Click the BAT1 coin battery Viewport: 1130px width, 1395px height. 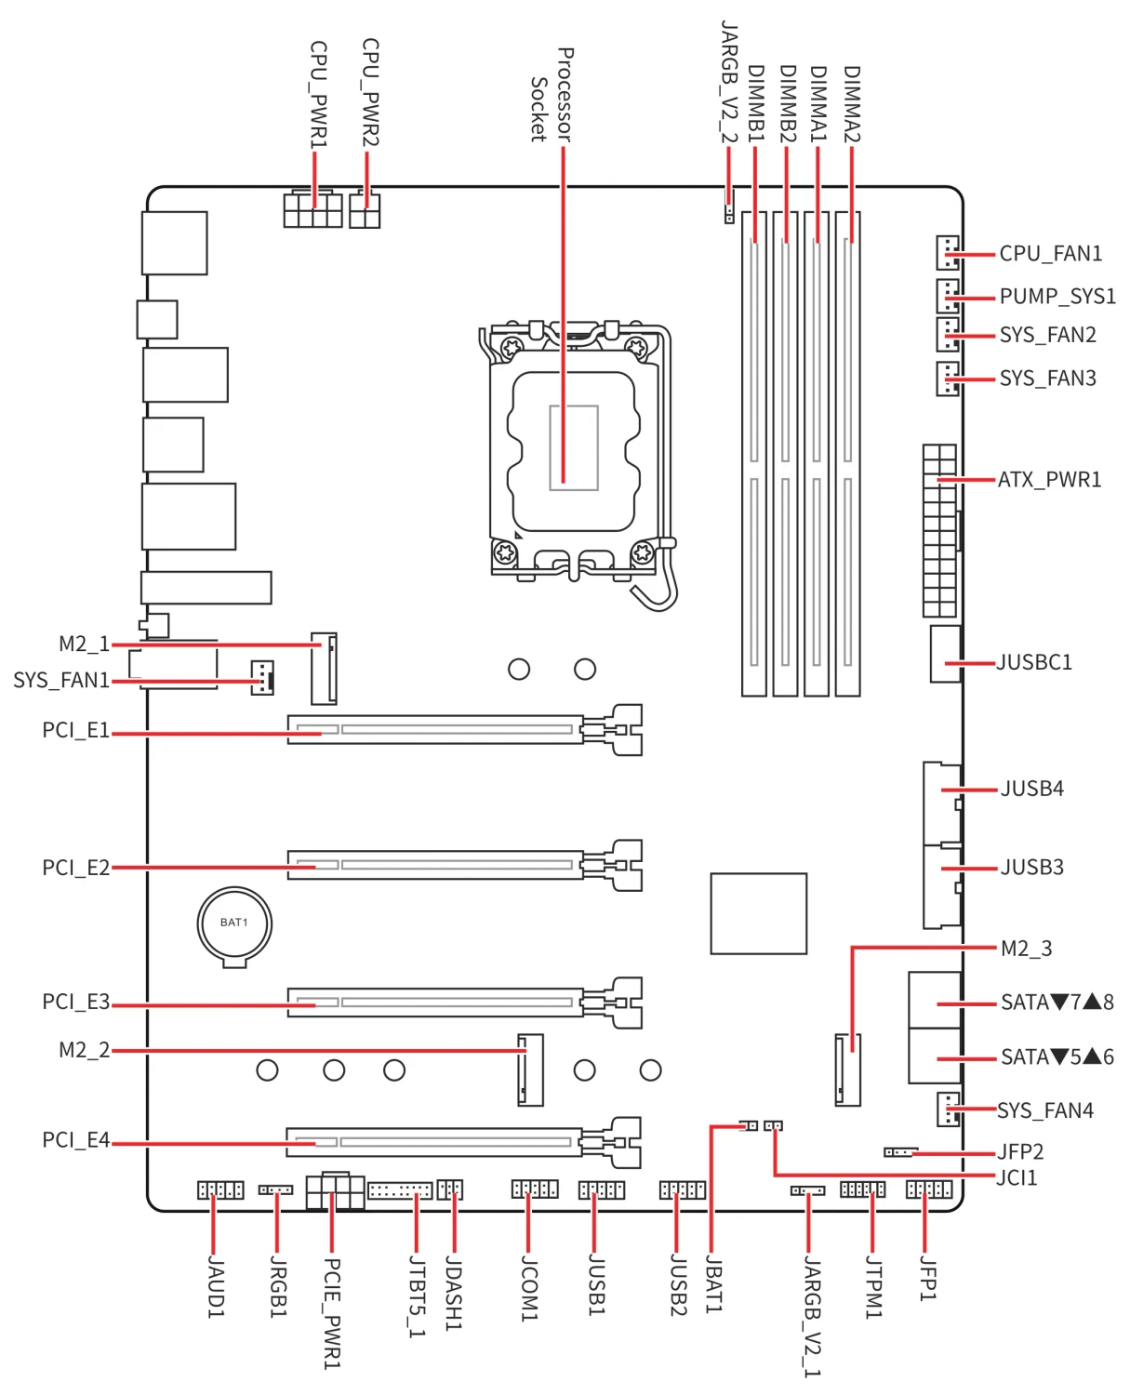tap(234, 923)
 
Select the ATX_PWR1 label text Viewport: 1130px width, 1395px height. tap(1049, 480)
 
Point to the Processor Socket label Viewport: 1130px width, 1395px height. tap(552, 95)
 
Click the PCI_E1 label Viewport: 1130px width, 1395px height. tap(75, 731)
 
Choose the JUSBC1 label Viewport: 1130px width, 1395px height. tap(1034, 663)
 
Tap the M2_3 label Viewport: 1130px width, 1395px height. tap(1026, 949)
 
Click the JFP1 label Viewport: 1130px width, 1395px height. tap(927, 1278)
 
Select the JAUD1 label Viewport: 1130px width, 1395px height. tap(215, 1287)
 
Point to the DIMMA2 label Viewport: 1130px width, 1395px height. tap(852, 103)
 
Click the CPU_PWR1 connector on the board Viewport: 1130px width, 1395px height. tap(312, 209)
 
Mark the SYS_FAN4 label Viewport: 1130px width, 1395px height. tap(1045, 1110)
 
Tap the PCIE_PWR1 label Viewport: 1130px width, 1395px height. tap(332, 1313)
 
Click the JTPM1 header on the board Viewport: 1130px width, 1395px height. tap(863, 1189)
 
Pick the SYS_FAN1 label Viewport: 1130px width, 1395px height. tap(61, 681)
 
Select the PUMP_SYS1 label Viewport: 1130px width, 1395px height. tap(1057, 297)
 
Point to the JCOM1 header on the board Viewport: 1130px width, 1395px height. tap(535, 1189)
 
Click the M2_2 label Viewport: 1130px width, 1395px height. tap(84, 1051)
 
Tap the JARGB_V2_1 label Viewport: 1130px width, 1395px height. tap(812, 1316)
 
